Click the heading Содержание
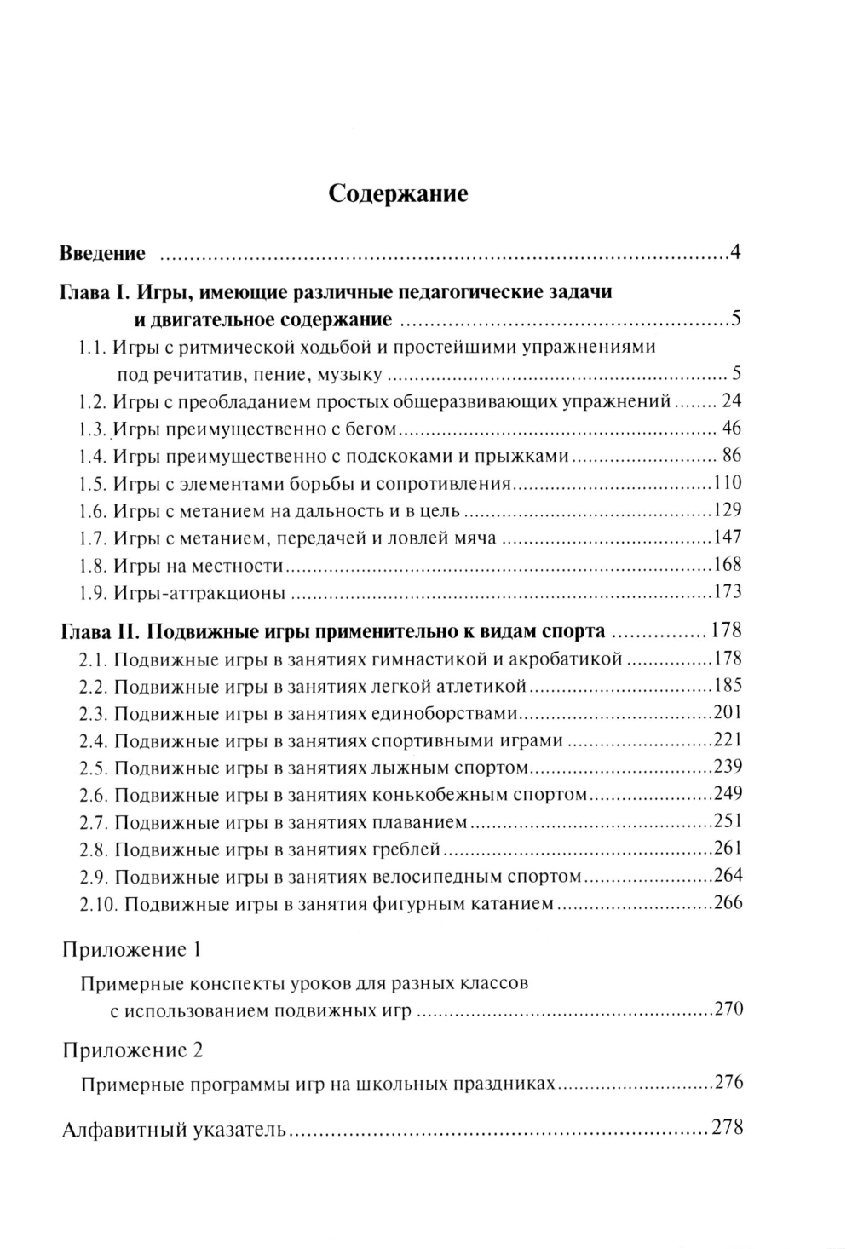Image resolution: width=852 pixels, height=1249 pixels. [399, 194]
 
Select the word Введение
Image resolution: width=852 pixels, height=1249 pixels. [103, 254]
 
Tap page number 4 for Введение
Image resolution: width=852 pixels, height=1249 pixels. [735, 254]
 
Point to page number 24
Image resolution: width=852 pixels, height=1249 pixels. [732, 401]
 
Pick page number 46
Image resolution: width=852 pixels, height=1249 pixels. [732, 429]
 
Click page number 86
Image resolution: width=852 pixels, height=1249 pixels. [732, 456]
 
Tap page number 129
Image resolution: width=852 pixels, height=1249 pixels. [728, 510]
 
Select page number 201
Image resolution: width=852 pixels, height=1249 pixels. [728, 713]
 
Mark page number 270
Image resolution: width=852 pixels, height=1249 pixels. [728, 1010]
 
